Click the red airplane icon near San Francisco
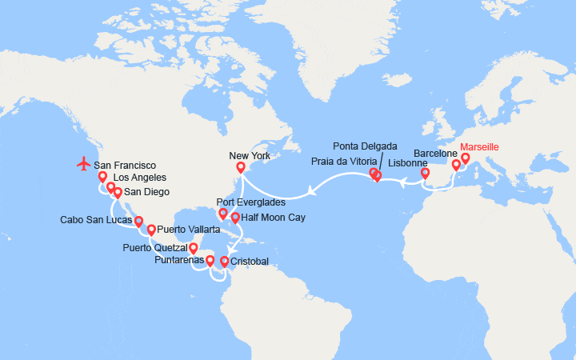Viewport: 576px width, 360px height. click(84, 163)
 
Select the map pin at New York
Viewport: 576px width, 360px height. click(240, 167)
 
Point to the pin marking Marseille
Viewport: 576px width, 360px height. click(465, 158)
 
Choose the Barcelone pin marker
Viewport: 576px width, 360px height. click(456, 165)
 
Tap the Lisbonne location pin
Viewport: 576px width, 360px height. click(425, 171)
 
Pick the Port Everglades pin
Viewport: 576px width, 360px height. click(222, 214)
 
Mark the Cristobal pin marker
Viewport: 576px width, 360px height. click(224, 261)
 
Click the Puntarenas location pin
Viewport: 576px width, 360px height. click(210, 260)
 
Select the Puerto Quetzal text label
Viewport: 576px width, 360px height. click(155, 248)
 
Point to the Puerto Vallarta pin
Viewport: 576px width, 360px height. click(151, 230)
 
